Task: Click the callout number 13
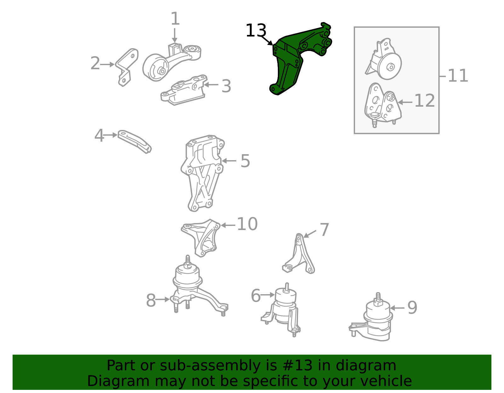pyautogui.click(x=256, y=30)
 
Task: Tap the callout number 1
pyautogui.click(x=175, y=19)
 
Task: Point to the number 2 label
pyautogui.click(x=95, y=63)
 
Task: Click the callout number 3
pyautogui.click(x=226, y=86)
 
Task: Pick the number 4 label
pyautogui.click(x=99, y=136)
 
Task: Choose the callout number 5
pyautogui.click(x=245, y=161)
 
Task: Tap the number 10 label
pyautogui.click(x=247, y=224)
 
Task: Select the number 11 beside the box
pyautogui.click(x=458, y=76)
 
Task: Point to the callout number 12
pyautogui.click(x=424, y=101)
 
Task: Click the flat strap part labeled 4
pyautogui.click(x=135, y=141)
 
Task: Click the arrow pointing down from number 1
pyautogui.click(x=175, y=36)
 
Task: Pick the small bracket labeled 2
pyautogui.click(x=127, y=67)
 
